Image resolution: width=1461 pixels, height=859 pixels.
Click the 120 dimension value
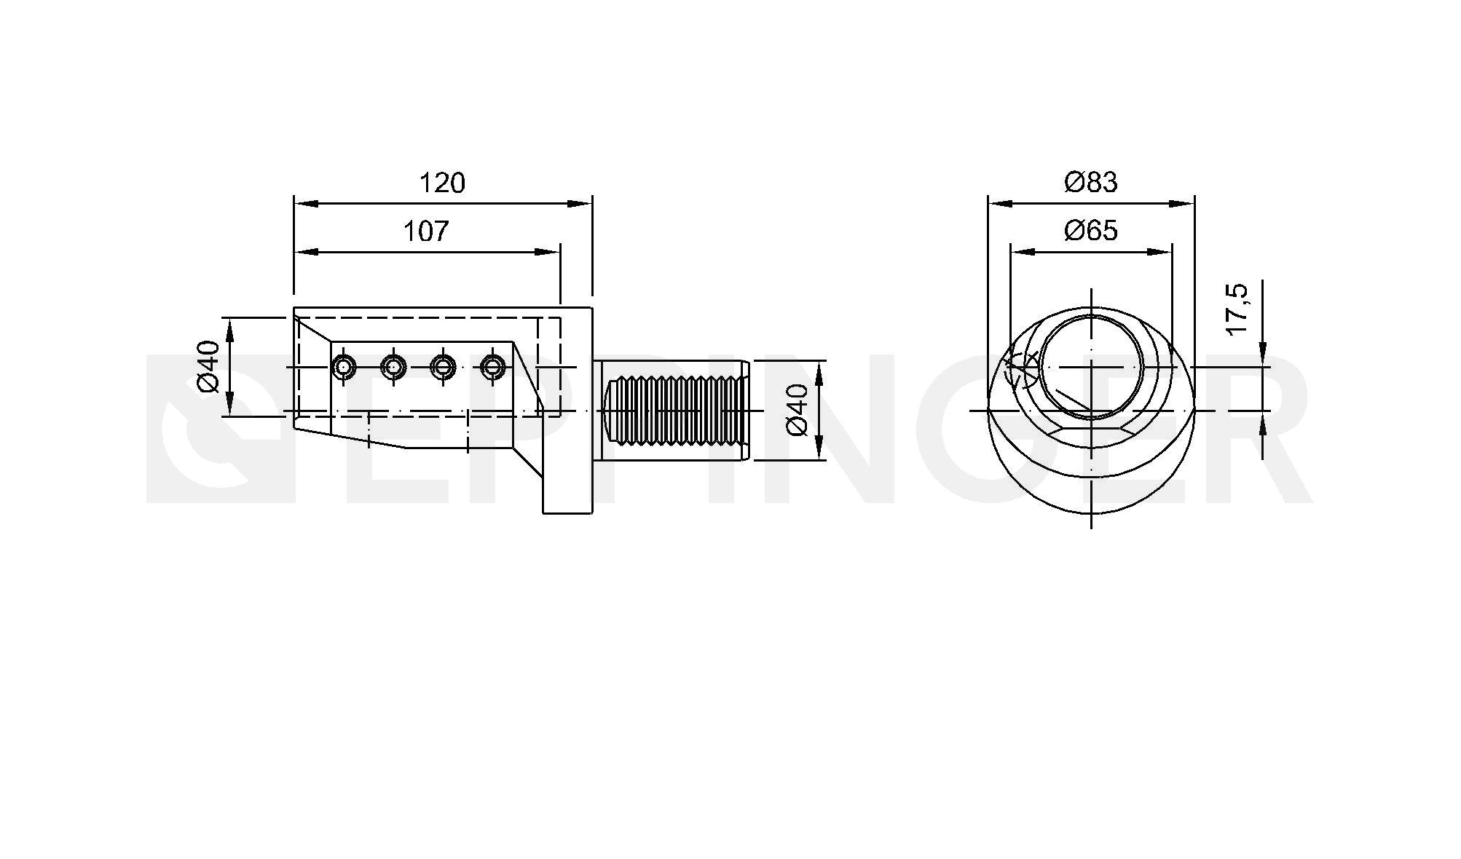click(442, 183)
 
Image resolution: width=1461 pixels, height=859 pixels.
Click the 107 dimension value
click(426, 231)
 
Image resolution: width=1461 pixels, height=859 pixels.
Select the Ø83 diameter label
click(1090, 182)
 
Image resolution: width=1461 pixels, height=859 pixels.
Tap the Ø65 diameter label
click(1090, 231)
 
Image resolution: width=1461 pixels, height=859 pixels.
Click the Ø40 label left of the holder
click(209, 366)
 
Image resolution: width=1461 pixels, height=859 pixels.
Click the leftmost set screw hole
click(343, 367)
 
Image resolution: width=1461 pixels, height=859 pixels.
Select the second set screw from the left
click(393, 367)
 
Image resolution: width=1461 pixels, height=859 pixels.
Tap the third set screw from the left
click(443, 367)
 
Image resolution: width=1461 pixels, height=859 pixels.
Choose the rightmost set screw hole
click(493, 367)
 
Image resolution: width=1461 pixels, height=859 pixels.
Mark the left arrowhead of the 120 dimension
click(306, 204)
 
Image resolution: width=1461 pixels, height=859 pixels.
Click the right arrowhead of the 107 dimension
click(548, 252)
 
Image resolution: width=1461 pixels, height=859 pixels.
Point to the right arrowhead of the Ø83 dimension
click(1182, 204)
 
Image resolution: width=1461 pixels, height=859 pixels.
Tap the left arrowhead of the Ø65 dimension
click(1023, 252)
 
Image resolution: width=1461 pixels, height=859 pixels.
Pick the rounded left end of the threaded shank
click(605, 411)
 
